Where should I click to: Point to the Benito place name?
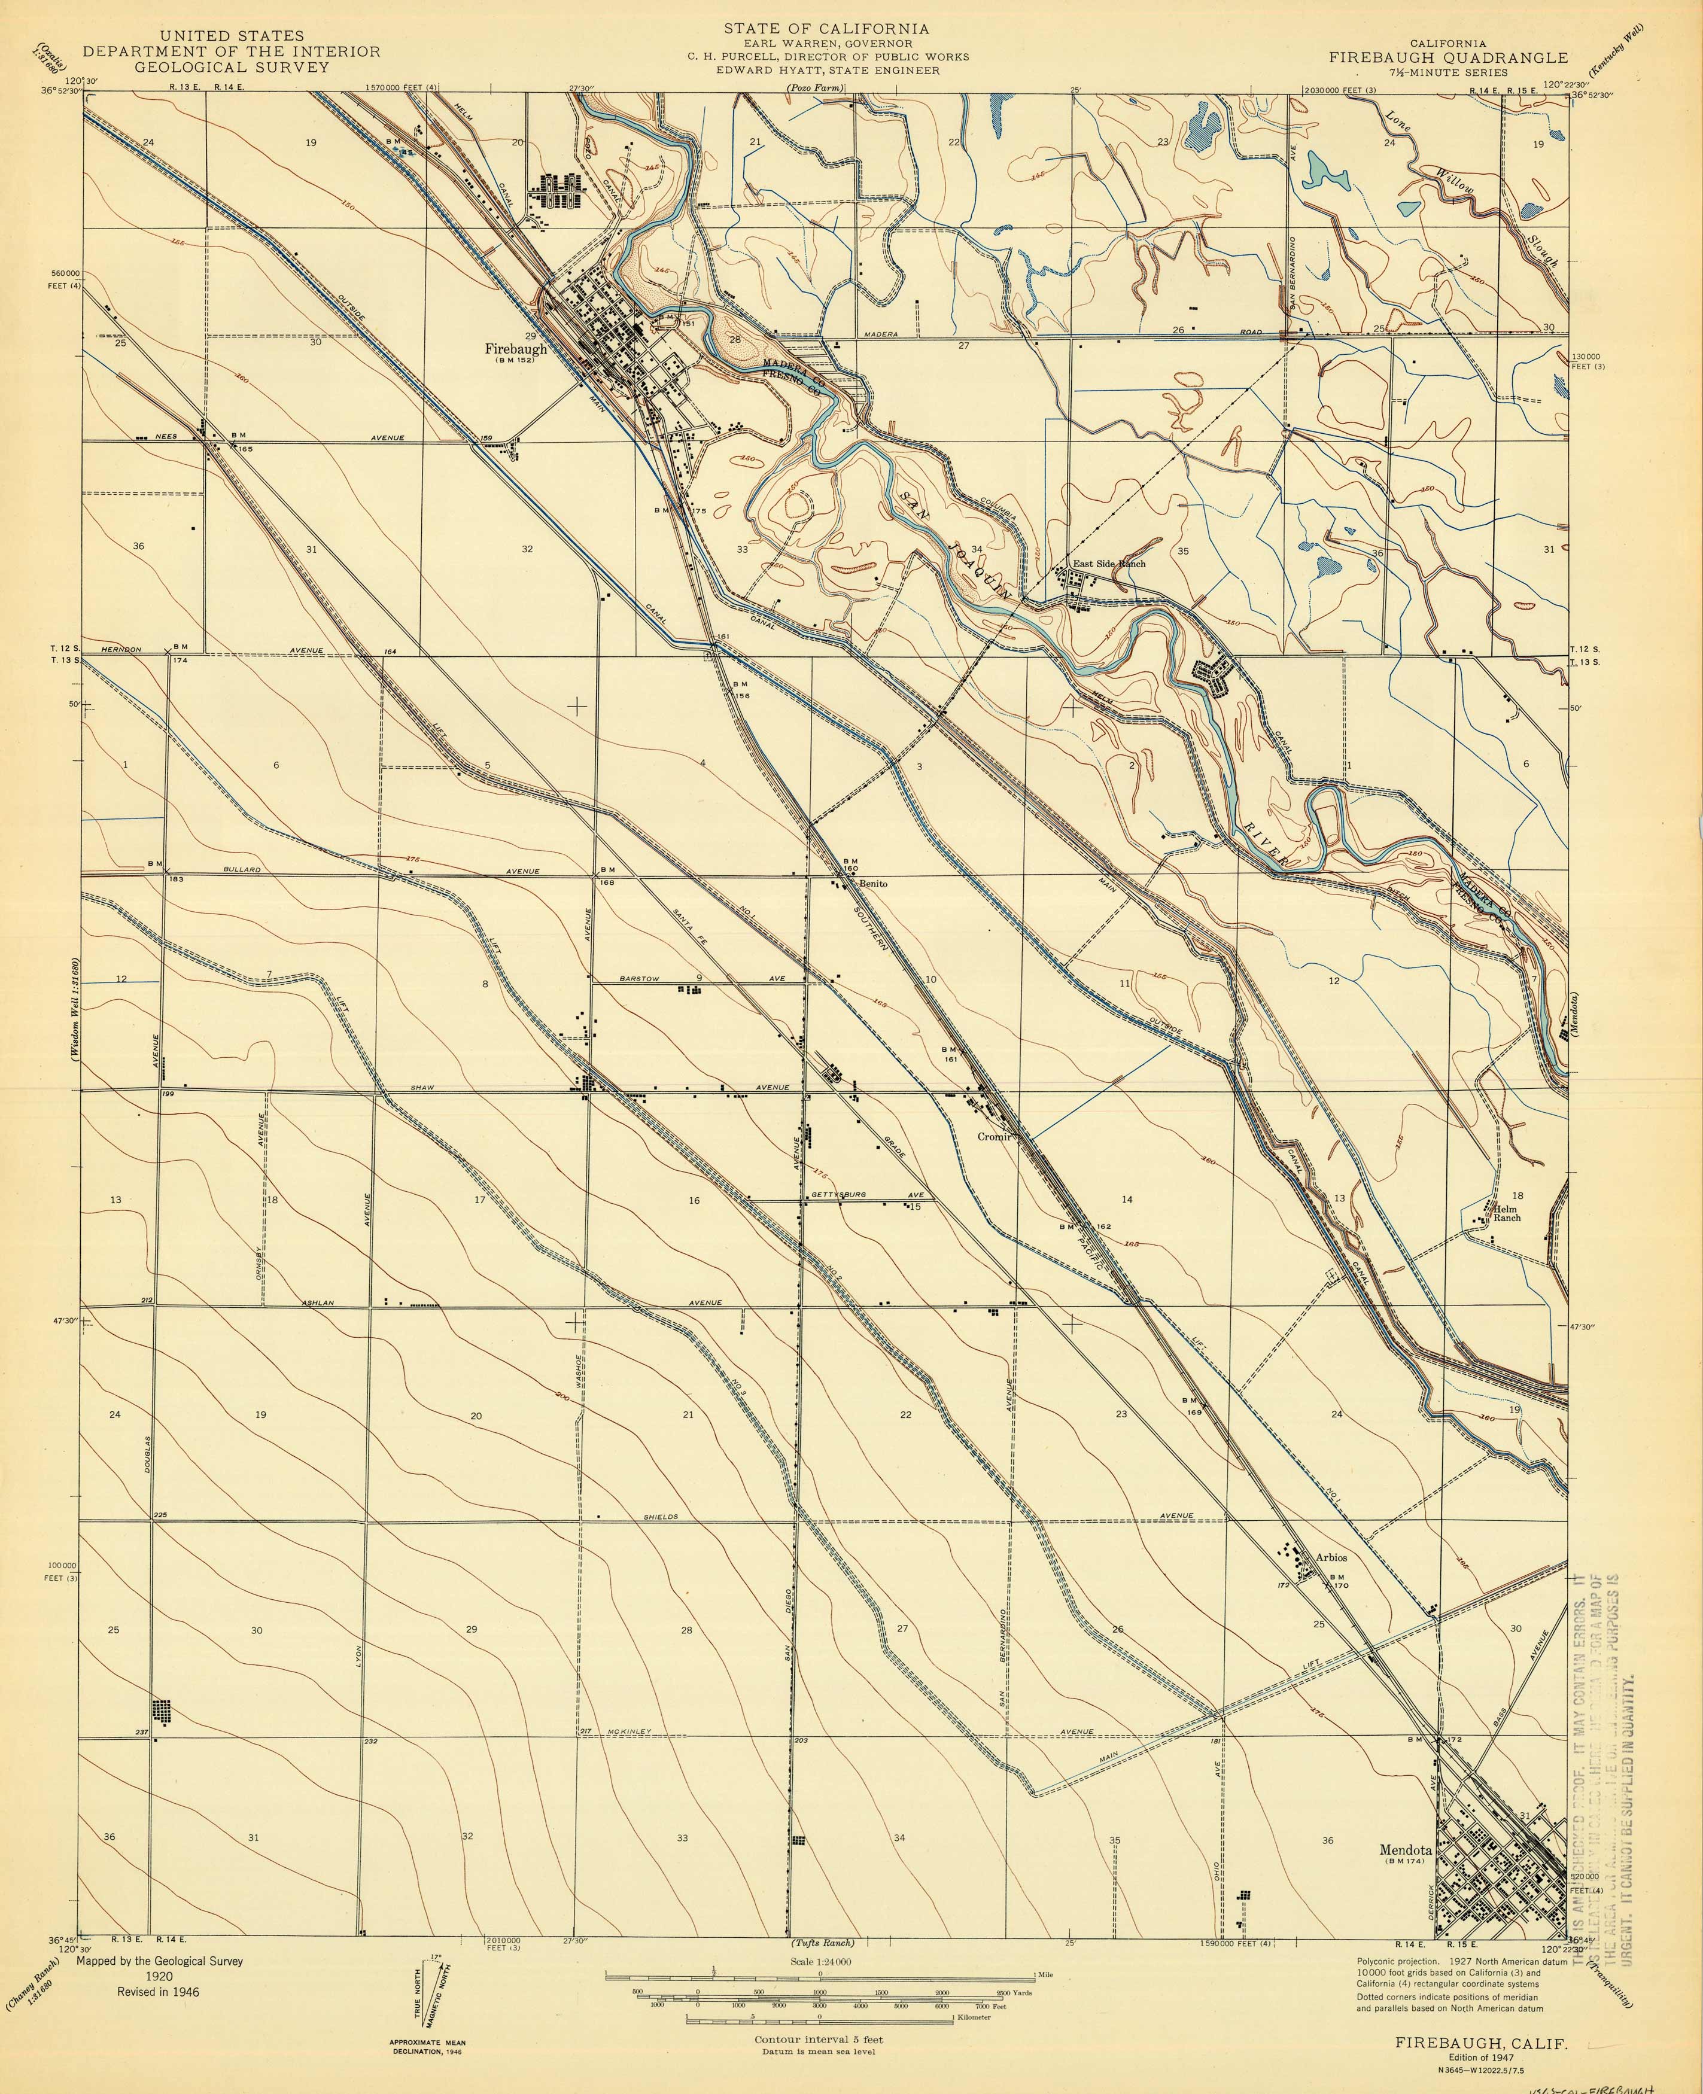tap(873, 884)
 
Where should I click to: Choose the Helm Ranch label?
tap(1507, 1213)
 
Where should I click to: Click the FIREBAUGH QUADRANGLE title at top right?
tap(1448, 58)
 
